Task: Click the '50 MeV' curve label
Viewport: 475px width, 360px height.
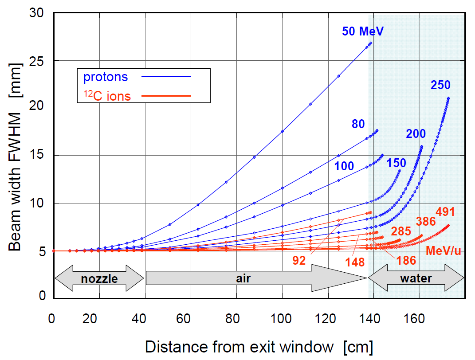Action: (x=362, y=31)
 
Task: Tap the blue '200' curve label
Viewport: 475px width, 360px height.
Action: (x=416, y=134)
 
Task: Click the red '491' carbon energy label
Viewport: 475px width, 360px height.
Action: (x=446, y=212)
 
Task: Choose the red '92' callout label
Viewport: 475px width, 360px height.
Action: (x=299, y=260)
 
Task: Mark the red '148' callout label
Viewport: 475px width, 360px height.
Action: (x=355, y=262)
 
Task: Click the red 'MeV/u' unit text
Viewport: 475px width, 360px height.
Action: (x=444, y=251)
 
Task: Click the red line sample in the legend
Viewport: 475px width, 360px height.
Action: (x=166, y=95)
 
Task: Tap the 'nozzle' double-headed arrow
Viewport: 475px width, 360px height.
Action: (x=99, y=278)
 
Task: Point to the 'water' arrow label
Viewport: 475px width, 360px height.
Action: (x=416, y=278)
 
